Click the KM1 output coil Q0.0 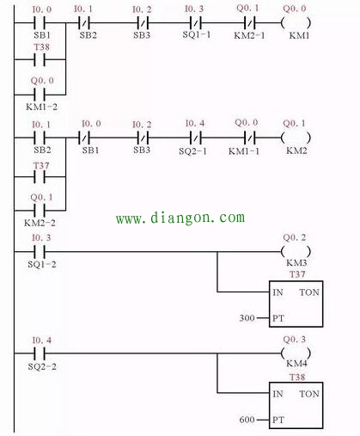pyautogui.click(x=296, y=22)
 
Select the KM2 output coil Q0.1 pyautogui.click(x=296, y=138)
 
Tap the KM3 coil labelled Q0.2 pyautogui.click(x=296, y=252)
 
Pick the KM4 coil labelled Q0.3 pyautogui.click(x=296, y=353)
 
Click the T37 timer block pyautogui.click(x=296, y=304)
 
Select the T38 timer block pyautogui.click(x=296, y=405)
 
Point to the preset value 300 pyautogui.click(x=247, y=318)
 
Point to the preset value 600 pyautogui.click(x=247, y=420)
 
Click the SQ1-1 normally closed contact pyautogui.click(x=196, y=22)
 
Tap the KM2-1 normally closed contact pyautogui.click(x=249, y=22)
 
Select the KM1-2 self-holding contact pyautogui.click(x=40, y=95)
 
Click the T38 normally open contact pyautogui.click(x=40, y=59)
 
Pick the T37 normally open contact pyautogui.click(x=40, y=177)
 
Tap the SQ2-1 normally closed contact pyautogui.click(x=196, y=138)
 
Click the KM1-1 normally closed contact pyautogui.click(x=249, y=138)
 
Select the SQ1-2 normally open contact pyautogui.click(x=40, y=252)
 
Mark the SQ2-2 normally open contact pyautogui.click(x=40, y=353)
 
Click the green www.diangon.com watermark pyautogui.click(x=180, y=218)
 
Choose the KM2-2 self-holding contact pyautogui.click(x=40, y=210)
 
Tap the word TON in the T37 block pyautogui.click(x=309, y=292)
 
